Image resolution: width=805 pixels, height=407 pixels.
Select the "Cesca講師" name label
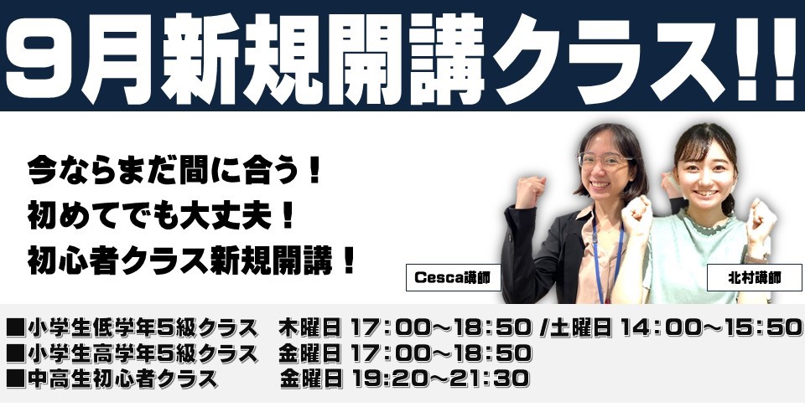click(453, 278)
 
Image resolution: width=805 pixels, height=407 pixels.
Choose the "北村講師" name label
click(754, 278)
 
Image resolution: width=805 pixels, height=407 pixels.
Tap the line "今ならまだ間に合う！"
click(174, 171)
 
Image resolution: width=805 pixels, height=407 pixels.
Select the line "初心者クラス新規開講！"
click(191, 261)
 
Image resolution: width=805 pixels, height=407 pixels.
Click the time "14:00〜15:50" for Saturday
click(711, 327)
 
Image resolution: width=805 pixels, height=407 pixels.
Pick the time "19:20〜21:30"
click(440, 379)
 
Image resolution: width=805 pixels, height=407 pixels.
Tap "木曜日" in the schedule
click(309, 327)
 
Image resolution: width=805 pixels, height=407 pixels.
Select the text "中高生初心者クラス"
click(122, 379)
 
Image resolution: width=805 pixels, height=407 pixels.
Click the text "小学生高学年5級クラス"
click(143, 353)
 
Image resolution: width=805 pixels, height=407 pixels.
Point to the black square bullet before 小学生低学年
click(16, 328)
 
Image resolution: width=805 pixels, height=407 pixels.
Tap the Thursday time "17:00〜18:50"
click(440, 327)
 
